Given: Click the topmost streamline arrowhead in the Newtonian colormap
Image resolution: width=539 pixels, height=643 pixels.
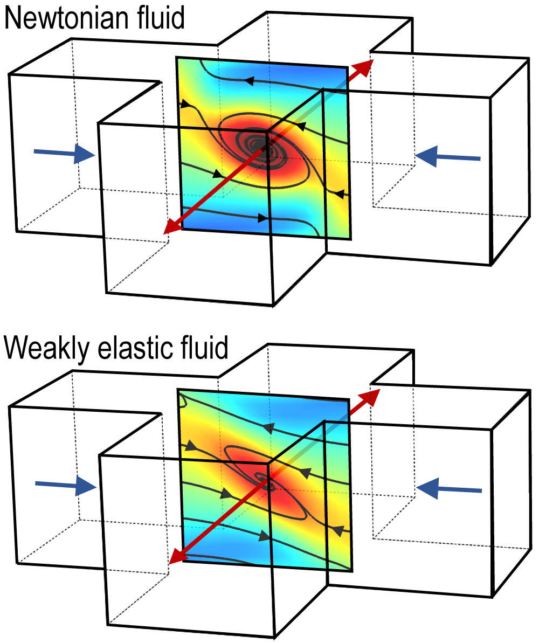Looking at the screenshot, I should [x=249, y=81].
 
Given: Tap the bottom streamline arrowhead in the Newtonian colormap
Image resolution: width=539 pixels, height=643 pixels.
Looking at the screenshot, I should [x=262, y=218].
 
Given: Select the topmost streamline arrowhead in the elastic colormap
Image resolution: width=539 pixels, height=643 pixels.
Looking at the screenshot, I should [x=267, y=428].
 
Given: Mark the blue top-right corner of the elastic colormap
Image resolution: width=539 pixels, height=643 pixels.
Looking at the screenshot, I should [x=340, y=407].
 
